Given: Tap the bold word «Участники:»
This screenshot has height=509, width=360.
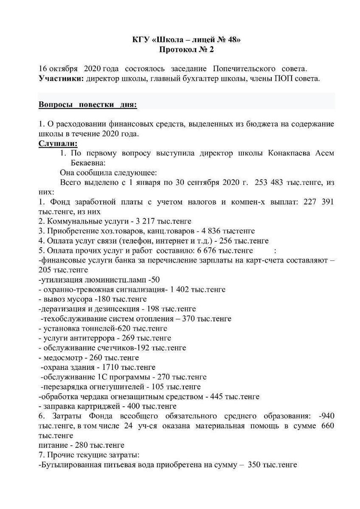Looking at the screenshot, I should pos(61,78).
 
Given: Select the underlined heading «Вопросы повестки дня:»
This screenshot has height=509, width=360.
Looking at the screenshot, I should pos(88,105).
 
